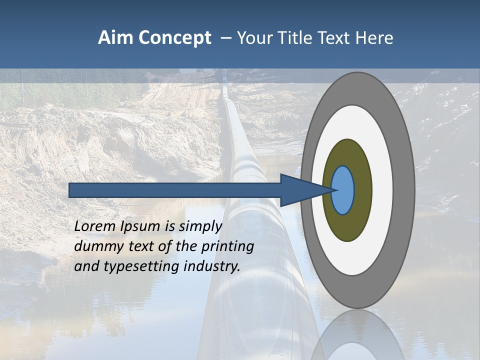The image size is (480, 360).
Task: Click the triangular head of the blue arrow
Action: click(300, 190)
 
